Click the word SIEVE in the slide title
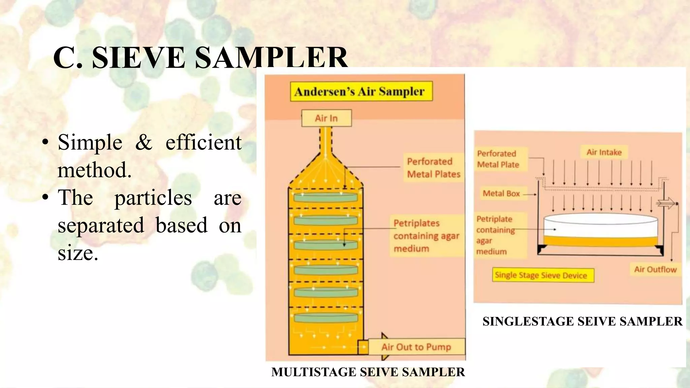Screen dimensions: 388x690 pyautogui.click(x=138, y=58)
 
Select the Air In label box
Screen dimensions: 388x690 pyautogui.click(x=326, y=118)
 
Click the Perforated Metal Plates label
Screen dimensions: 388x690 pyautogui.click(x=433, y=168)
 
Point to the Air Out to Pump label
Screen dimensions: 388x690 pyautogui.click(x=416, y=347)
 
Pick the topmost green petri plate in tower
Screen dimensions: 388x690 pyautogui.click(x=325, y=197)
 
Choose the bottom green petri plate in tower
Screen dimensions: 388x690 pyautogui.click(x=325, y=317)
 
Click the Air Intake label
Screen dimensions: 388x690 pyautogui.click(x=604, y=152)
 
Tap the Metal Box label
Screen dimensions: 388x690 pyautogui.click(x=501, y=193)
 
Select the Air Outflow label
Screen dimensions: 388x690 pyautogui.click(x=655, y=269)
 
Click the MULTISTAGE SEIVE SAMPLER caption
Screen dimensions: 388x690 pyautogui.click(x=368, y=372)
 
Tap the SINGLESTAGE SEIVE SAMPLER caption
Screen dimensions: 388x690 pyautogui.click(x=582, y=321)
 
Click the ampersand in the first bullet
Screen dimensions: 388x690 pyautogui.click(x=144, y=142)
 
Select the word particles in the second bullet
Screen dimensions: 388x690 pyautogui.click(x=153, y=198)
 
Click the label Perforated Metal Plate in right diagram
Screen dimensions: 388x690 pyautogui.click(x=498, y=159)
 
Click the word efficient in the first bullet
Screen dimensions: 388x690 pyautogui.click(x=203, y=142)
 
